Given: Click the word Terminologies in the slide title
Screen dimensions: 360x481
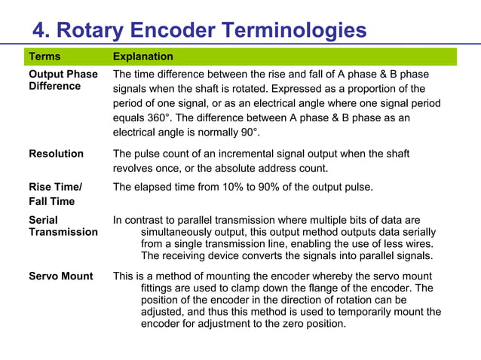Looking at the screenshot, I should tap(294, 30).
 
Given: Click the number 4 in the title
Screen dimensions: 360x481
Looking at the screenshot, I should tap(40, 30).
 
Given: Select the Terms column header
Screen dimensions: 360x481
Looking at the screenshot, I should tap(44, 56).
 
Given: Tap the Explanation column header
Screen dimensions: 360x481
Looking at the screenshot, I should tap(142, 56).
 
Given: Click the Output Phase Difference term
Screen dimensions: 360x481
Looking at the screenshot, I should tap(63, 80).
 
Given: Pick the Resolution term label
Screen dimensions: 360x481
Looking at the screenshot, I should tap(56, 154).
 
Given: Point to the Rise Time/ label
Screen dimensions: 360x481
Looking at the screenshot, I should tap(55, 187).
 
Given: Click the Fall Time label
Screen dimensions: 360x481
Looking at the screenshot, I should tap(51, 201).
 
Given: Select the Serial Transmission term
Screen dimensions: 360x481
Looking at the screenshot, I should tap(63, 226).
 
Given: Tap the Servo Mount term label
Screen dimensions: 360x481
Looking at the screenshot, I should tap(61, 276).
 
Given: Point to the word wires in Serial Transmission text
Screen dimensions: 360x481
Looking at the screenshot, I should tap(419, 244).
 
